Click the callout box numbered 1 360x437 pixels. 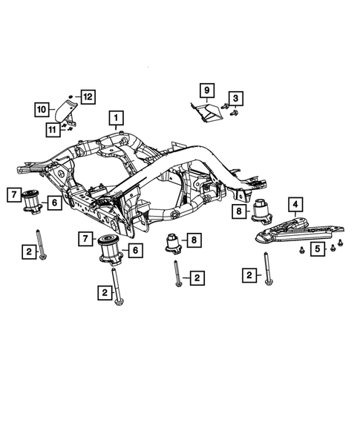click(116, 117)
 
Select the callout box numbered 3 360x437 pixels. click(235, 97)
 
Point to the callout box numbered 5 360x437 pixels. click(316, 249)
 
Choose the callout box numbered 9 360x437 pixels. click(206, 91)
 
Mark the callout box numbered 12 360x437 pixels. click(88, 96)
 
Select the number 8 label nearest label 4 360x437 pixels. click(240, 211)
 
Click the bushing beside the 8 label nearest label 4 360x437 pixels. click(262, 211)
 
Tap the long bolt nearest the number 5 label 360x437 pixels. click(266, 271)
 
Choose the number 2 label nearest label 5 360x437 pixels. click(249, 276)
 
